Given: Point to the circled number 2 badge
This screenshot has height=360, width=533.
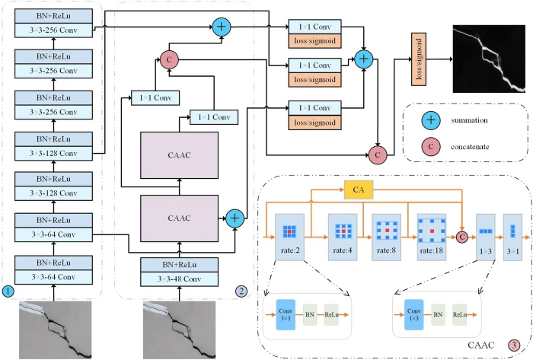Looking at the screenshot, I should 240,289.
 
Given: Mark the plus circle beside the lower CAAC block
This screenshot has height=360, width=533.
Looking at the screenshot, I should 235,217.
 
